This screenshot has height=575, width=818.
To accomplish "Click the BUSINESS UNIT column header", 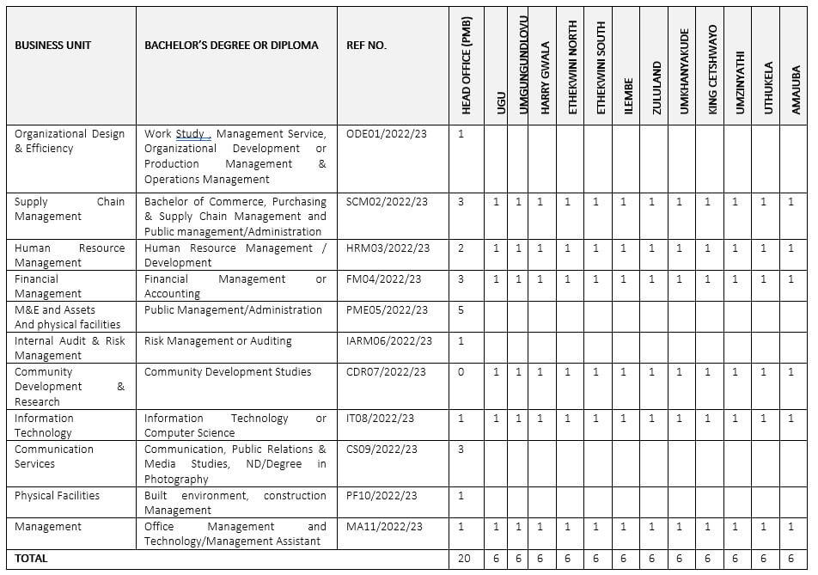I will pyautogui.click(x=52, y=45).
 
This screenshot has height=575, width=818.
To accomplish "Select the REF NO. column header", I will pyautogui.click(x=366, y=45).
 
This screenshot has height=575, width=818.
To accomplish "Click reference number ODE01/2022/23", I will pyautogui.click(x=386, y=134).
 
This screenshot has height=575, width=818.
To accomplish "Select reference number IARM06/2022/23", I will pyautogui.click(x=388, y=341).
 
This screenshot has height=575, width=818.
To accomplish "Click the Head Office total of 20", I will pyautogui.click(x=465, y=559).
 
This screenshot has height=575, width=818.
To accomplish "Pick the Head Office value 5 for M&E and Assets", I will pyautogui.click(x=461, y=310).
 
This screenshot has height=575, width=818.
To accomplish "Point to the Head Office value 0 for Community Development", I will pyautogui.click(x=461, y=372).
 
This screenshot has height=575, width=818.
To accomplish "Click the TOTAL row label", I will pyautogui.click(x=31, y=559).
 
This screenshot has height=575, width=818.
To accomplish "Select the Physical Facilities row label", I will pyautogui.click(x=57, y=496).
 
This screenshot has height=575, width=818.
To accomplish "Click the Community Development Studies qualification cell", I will pyautogui.click(x=228, y=372).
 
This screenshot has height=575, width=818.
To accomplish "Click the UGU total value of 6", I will pyautogui.click(x=496, y=559).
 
